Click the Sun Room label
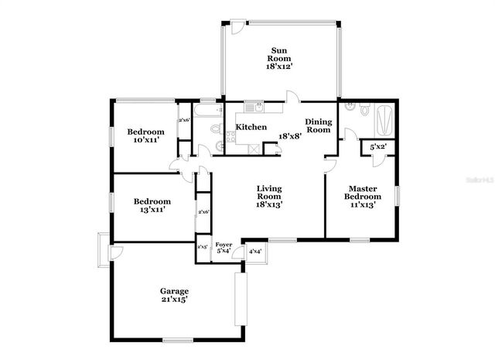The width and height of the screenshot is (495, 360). pos(279,53)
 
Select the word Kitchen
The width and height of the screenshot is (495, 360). pos(251,127)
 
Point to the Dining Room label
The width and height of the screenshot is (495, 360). pos(318,125)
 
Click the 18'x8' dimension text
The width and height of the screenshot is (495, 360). pos(290,136)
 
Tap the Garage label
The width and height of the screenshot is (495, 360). pos(175,291)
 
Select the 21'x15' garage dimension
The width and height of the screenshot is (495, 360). pos(175,300)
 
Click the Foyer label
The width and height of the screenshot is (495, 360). pos(224,245)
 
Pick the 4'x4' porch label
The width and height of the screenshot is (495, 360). pos(254,252)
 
